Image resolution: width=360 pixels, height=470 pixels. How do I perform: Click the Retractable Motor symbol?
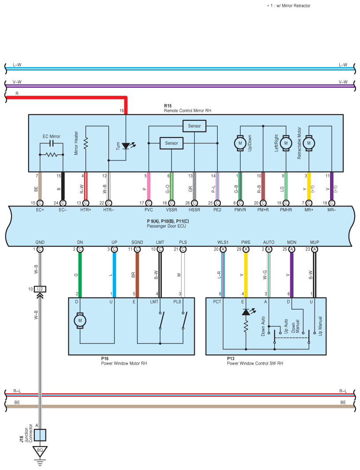coord(309,143)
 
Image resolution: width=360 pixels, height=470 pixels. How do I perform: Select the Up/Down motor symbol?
coord(240,143)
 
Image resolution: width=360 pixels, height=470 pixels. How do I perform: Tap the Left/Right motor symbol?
coord(286,143)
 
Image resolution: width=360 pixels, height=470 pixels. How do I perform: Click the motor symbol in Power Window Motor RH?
coord(80,321)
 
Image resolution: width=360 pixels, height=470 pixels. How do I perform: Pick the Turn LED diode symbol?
coord(126,145)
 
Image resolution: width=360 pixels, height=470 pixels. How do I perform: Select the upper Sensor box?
coord(194,126)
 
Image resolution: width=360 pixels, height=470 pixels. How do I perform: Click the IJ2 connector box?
coord(40,289)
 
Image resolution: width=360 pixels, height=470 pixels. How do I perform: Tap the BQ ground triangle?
coord(40,451)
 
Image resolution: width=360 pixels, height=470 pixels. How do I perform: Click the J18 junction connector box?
coord(40,435)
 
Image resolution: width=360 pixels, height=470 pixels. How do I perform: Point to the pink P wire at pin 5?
coord(148,186)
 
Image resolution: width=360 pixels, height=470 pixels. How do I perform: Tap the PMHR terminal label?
coord(286,210)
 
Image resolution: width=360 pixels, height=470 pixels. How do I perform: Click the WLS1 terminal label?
coord(223,242)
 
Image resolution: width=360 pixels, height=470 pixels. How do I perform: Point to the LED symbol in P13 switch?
coord(246,312)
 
